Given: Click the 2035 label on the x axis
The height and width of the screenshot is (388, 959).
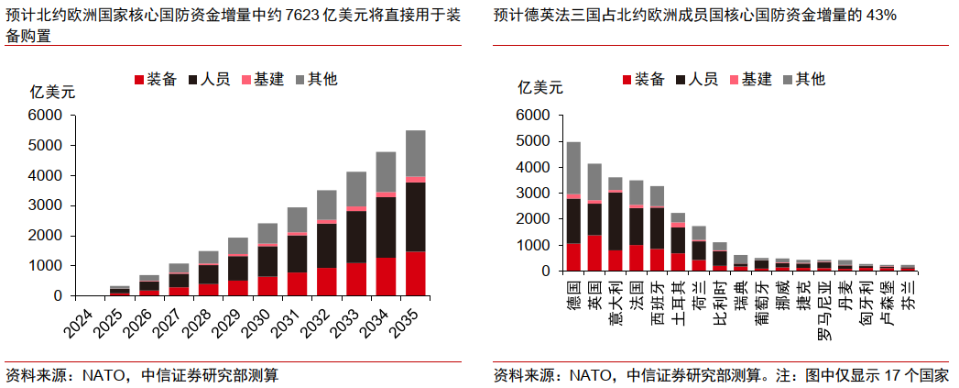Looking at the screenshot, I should [409, 322].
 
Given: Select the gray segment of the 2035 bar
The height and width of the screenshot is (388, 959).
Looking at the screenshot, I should [415, 153].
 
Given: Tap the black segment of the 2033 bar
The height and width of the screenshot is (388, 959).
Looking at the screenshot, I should [356, 237].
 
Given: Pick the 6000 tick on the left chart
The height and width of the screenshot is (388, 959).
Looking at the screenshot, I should [45, 116].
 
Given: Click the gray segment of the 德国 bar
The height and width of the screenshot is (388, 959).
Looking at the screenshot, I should [573, 167].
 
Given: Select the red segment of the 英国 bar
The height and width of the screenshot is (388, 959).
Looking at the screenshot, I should [594, 253].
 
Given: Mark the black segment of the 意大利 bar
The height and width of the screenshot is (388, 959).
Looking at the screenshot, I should [615, 221].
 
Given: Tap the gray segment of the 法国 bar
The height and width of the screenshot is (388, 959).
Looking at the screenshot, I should [636, 193].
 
